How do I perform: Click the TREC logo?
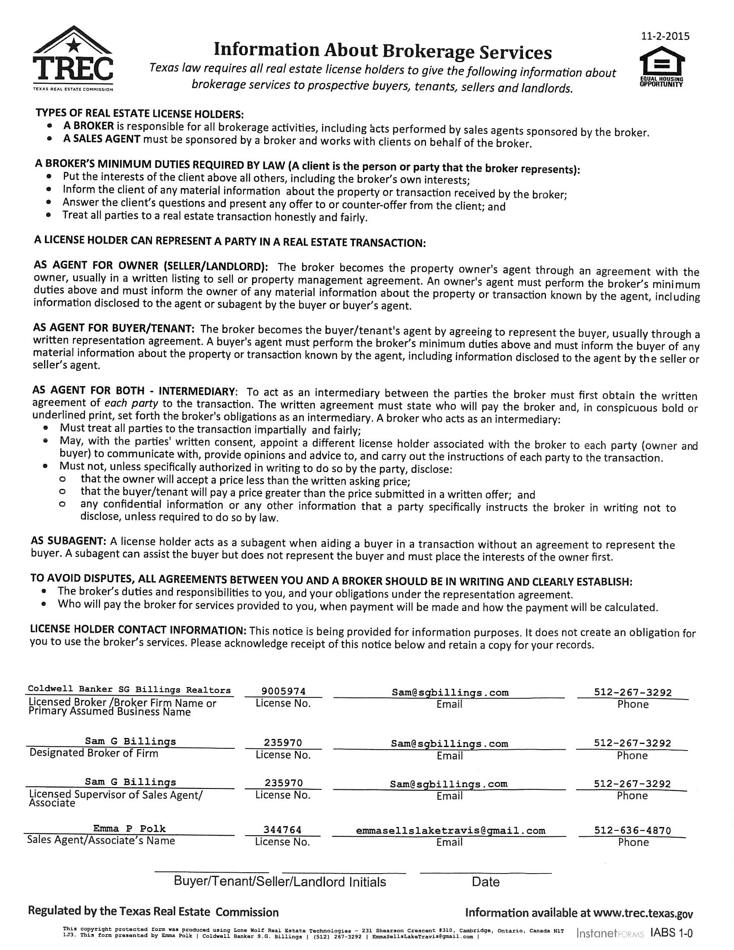pyautogui.click(x=73, y=59)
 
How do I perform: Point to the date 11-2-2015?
pyautogui.click(x=665, y=36)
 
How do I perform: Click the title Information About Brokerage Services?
pyautogui.click(x=383, y=51)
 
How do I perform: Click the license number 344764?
pyautogui.click(x=282, y=830)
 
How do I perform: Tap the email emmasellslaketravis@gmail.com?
pyautogui.click(x=450, y=830)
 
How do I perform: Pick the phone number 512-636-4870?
pyautogui.click(x=632, y=830)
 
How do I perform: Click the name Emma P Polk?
pyautogui.click(x=129, y=829)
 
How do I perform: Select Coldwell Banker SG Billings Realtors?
pyautogui.click(x=129, y=690)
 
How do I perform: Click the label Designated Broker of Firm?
pyautogui.click(x=94, y=753)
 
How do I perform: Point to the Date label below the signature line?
pyautogui.click(x=485, y=882)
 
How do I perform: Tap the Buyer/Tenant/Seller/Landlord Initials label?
pyautogui.click(x=280, y=882)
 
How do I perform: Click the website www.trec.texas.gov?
pyautogui.click(x=643, y=912)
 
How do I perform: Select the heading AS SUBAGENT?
pyautogui.click(x=68, y=541)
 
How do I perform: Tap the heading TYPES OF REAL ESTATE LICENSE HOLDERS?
pyautogui.click(x=139, y=114)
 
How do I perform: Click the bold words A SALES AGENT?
pyautogui.click(x=102, y=139)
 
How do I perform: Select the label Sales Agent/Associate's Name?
pyautogui.click(x=101, y=840)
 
